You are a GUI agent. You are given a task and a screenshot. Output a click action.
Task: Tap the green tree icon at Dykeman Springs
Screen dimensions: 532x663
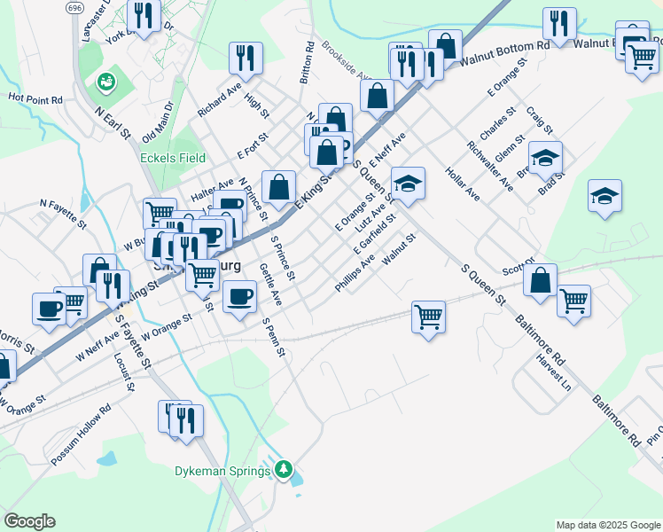tap(284, 469)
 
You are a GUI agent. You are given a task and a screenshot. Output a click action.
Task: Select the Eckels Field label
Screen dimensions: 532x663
tap(173, 158)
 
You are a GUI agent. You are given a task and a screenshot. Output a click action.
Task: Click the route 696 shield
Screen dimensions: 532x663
tap(75, 7)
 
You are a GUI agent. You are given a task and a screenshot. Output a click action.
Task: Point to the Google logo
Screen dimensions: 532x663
tap(29, 521)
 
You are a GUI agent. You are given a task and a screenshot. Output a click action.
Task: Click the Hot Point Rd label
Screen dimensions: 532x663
tap(35, 98)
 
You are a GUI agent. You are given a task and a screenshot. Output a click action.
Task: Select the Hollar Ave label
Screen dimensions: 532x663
tap(462, 184)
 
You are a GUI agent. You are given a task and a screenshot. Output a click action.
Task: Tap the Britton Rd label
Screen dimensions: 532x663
tap(307, 62)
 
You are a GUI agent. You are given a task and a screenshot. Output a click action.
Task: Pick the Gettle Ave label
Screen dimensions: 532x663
tap(270, 285)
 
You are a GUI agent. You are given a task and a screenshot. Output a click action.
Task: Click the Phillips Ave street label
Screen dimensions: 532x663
tap(355, 275)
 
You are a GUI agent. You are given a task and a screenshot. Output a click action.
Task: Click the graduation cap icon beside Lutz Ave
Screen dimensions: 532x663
tap(408, 183)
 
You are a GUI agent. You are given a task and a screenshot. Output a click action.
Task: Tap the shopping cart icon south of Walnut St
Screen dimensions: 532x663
tap(428, 316)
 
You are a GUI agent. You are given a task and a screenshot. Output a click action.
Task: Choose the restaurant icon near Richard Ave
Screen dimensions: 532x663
tap(246, 58)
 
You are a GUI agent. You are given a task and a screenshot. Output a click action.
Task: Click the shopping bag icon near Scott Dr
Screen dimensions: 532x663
tap(540, 279)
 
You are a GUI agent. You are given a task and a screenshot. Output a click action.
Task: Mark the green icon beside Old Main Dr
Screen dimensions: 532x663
tap(106, 82)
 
